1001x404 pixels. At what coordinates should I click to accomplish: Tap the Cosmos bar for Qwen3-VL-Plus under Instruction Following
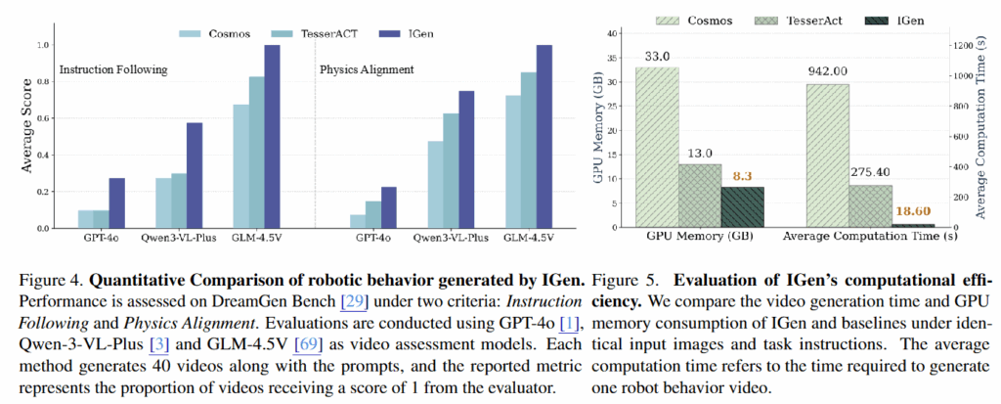point(163,203)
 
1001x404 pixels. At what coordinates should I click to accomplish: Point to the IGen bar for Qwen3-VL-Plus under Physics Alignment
point(465,159)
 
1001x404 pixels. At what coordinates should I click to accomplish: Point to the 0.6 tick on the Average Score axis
point(39,117)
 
